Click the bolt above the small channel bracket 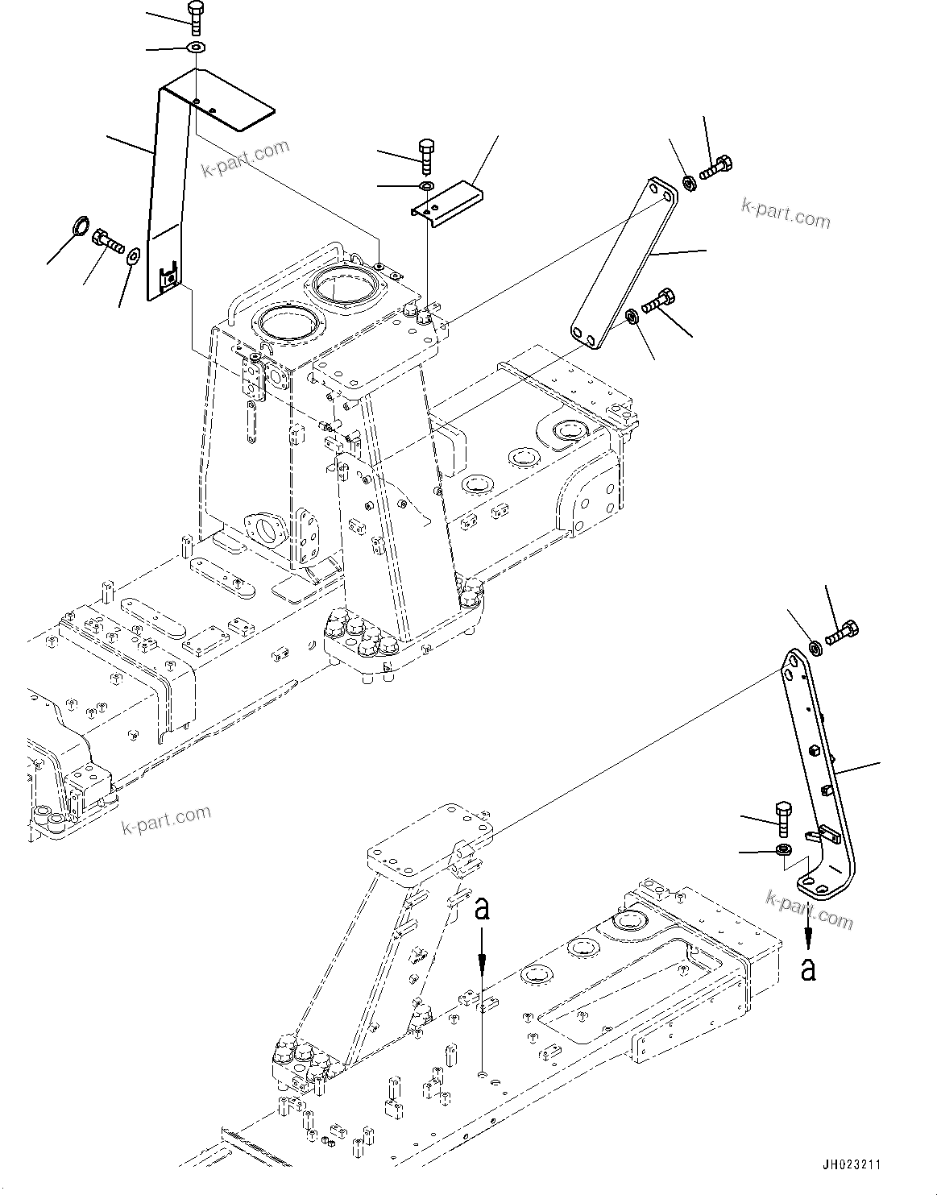(x=427, y=155)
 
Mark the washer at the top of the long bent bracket (x=815, y=646)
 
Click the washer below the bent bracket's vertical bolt (x=782, y=851)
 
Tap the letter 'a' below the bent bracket (x=808, y=968)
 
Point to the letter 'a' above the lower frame (x=481, y=908)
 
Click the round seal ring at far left (x=81, y=226)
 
